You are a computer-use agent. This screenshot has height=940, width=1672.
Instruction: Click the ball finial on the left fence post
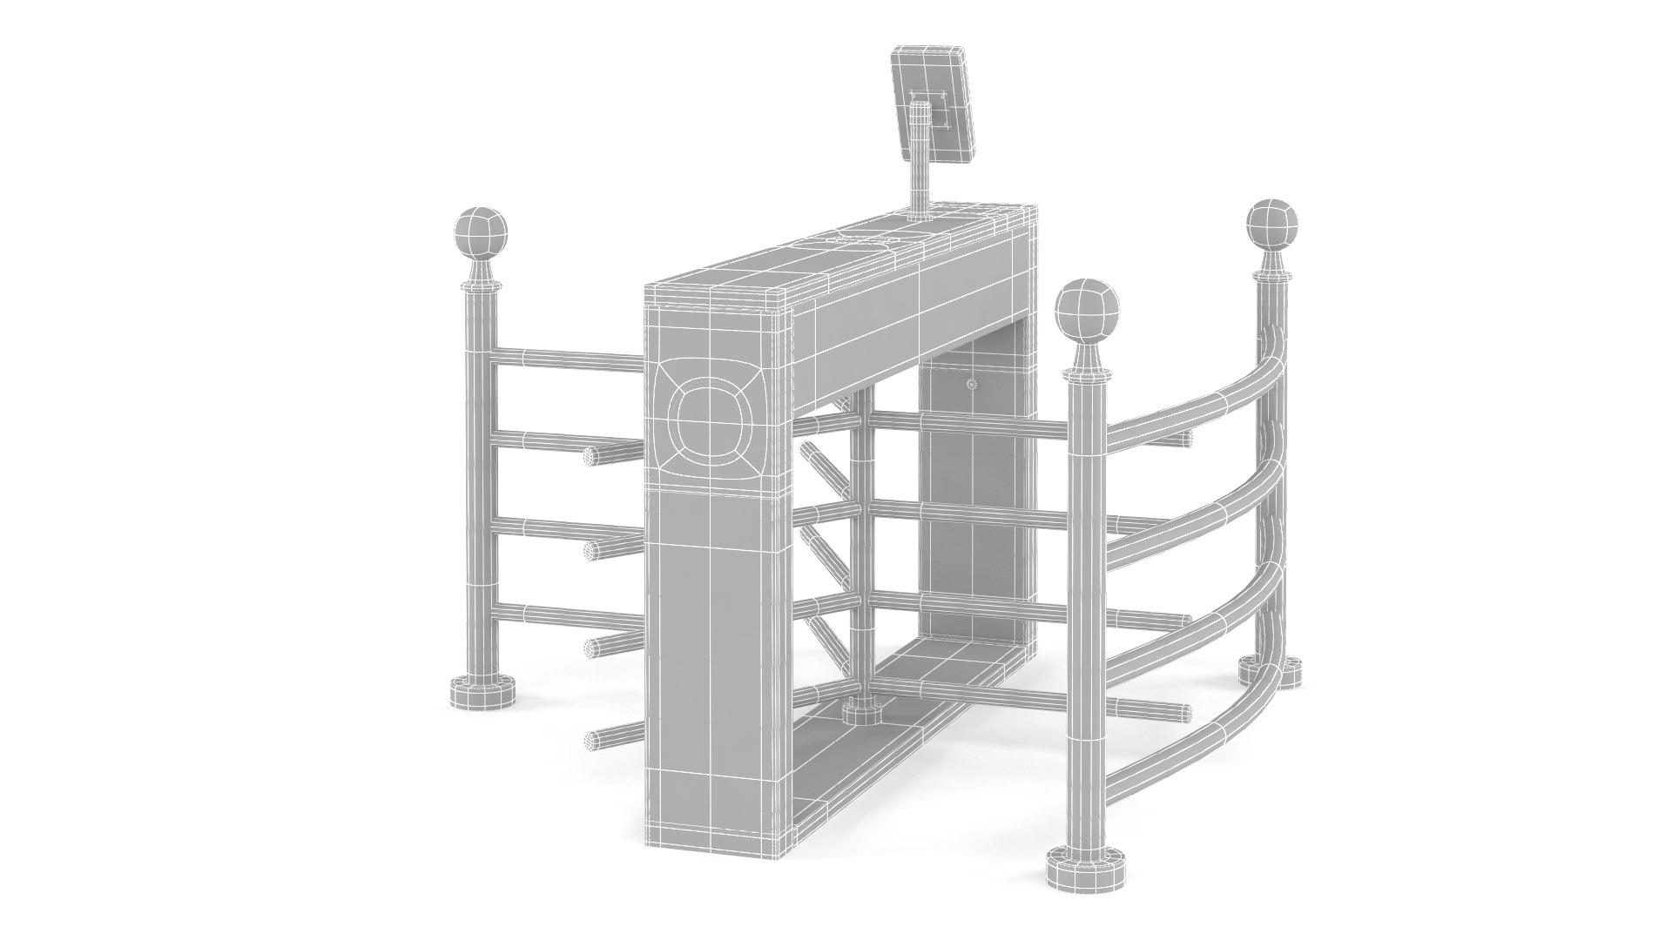coord(480,232)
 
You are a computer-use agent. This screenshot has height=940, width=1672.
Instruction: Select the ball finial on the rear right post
coord(1273,225)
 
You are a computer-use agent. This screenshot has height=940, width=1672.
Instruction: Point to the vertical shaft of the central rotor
coord(861,557)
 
